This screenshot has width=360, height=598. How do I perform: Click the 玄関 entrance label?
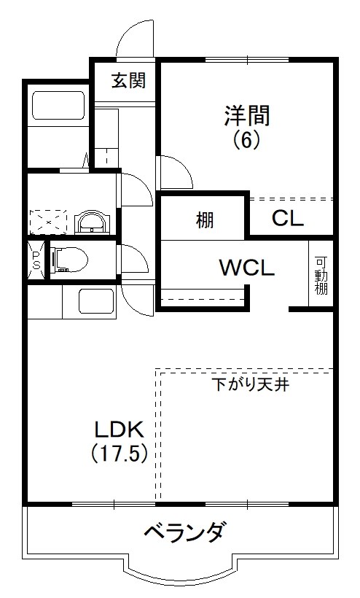click(x=128, y=79)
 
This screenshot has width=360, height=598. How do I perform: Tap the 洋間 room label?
click(x=247, y=115)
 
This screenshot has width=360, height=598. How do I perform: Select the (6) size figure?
click(x=246, y=139)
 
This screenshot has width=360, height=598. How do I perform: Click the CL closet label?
click(x=288, y=218)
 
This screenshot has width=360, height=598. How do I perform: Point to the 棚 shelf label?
click(x=204, y=219)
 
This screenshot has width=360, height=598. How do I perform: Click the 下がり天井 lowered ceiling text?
click(x=251, y=384)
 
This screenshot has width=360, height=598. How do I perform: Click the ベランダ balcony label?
click(x=182, y=533)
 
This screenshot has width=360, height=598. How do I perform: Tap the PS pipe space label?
click(x=36, y=259)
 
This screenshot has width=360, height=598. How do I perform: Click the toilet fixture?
click(x=69, y=259)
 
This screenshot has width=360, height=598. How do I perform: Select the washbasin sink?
click(x=92, y=220)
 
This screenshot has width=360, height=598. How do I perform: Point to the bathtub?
click(x=58, y=107)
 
